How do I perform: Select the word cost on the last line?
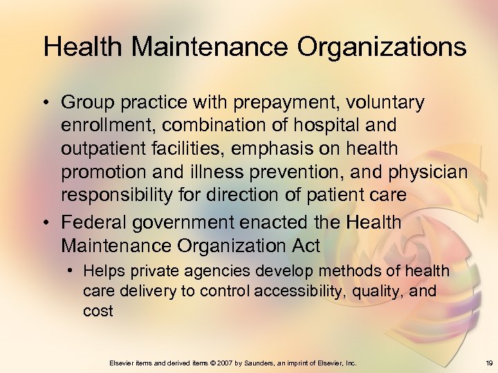tap(98, 311)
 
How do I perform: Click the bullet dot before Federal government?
tap(46, 223)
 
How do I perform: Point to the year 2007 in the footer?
tap(223, 362)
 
